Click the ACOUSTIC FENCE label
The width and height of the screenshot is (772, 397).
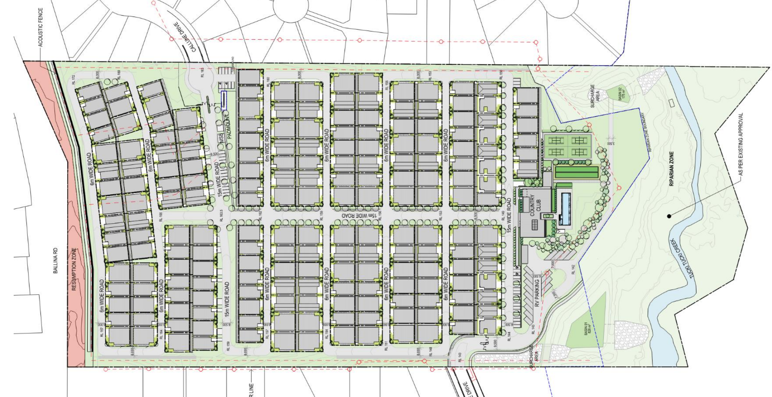[40, 27]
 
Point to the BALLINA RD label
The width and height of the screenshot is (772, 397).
[56, 261]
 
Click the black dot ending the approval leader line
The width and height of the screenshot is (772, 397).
[669, 216]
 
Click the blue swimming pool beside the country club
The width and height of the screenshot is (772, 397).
[565, 208]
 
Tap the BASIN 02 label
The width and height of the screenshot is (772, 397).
[623, 94]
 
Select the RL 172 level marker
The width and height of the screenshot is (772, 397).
[74, 80]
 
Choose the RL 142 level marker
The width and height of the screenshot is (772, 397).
[573, 269]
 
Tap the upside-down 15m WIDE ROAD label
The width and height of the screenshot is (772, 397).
[360, 216]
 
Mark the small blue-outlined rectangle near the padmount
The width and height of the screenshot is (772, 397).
[224, 100]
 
